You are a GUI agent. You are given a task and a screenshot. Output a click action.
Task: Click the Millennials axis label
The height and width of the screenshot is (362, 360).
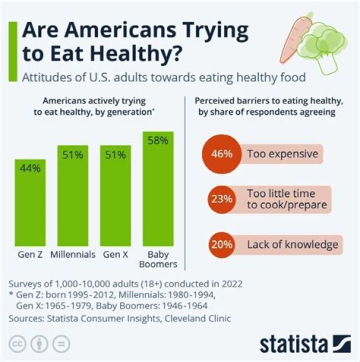tap(73, 254)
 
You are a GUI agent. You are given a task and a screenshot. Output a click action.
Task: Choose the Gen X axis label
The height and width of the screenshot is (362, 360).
tap(115, 254)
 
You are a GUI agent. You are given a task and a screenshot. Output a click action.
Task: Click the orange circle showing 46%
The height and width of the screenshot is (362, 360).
tap(220, 154)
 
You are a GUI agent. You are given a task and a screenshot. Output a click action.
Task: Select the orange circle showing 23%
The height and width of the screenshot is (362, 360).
tap(220, 199)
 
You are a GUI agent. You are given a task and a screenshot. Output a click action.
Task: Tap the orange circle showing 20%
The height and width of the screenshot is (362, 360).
tap(220, 245)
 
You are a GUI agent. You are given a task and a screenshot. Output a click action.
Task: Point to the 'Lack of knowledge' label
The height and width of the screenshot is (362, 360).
tap(292, 245)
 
